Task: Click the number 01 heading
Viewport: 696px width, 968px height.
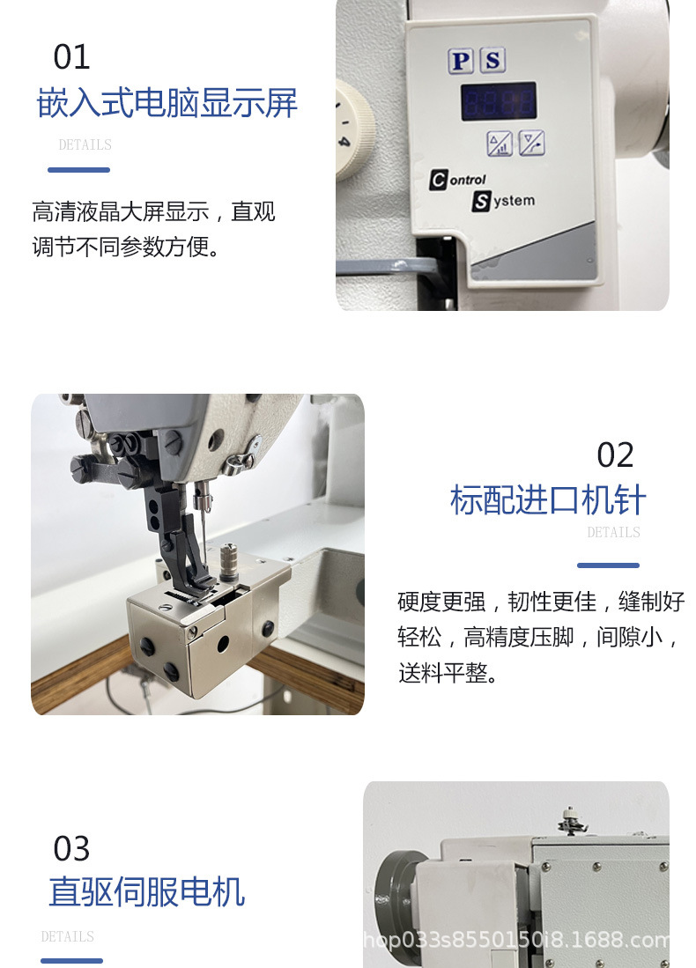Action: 71,56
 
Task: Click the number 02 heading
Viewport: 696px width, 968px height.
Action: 615,455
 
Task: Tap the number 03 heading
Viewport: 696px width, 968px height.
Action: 71,848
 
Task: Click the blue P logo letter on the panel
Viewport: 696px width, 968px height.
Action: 461,61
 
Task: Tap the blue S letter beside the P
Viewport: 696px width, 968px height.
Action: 492,60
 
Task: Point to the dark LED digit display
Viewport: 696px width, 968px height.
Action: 499,101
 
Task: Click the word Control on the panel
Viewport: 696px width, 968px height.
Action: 457,180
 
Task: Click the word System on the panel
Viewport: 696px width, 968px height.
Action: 503,201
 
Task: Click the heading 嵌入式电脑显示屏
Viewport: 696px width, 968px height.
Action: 167,102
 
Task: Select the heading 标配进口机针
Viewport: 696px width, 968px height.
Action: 548,499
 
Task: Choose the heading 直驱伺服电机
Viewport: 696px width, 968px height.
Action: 147,891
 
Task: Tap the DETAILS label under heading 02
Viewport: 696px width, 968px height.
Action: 613,532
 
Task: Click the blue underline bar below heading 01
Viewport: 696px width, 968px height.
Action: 79,170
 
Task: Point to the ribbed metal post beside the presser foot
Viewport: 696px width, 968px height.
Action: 230,561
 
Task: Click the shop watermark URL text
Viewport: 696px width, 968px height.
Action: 516,940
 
